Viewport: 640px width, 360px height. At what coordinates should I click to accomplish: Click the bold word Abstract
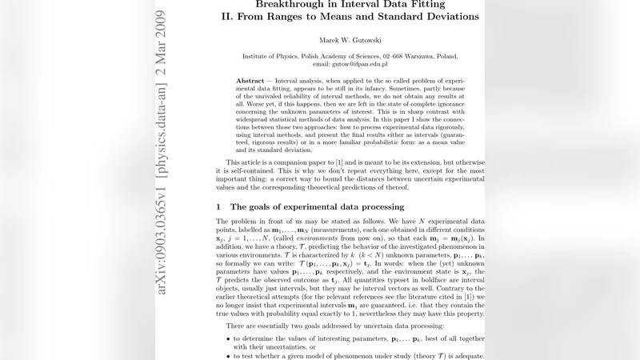(253, 81)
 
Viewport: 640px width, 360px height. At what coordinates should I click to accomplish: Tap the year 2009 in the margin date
(162, 22)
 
